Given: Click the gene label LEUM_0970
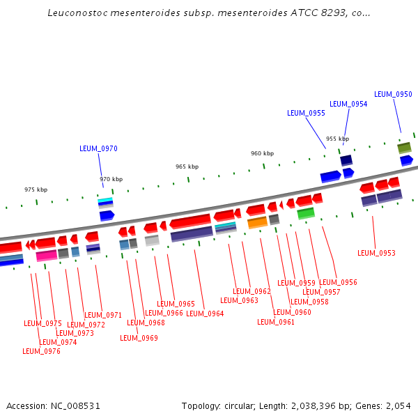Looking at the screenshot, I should [x=98, y=148].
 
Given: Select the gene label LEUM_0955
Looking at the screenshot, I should [x=306, y=113].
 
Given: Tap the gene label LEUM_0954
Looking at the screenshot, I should [x=348, y=104].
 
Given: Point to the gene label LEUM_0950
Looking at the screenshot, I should [x=393, y=94].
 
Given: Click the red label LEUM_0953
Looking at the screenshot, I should [x=376, y=253].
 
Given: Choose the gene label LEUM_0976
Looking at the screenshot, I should [x=41, y=351].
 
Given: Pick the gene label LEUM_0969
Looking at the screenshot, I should [x=139, y=338].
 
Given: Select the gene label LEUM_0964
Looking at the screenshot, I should [x=205, y=313].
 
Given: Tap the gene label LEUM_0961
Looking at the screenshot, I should [x=276, y=322].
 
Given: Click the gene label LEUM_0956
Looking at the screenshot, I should [x=338, y=282].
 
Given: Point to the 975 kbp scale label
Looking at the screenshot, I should [x=36, y=189].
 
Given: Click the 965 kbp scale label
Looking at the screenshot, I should [x=187, y=167].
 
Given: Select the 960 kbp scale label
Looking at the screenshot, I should [x=263, y=153].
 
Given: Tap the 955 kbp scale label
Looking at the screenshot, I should [x=337, y=139].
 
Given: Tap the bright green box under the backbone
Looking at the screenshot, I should [x=306, y=213].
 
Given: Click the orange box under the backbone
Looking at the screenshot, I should [x=257, y=223].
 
